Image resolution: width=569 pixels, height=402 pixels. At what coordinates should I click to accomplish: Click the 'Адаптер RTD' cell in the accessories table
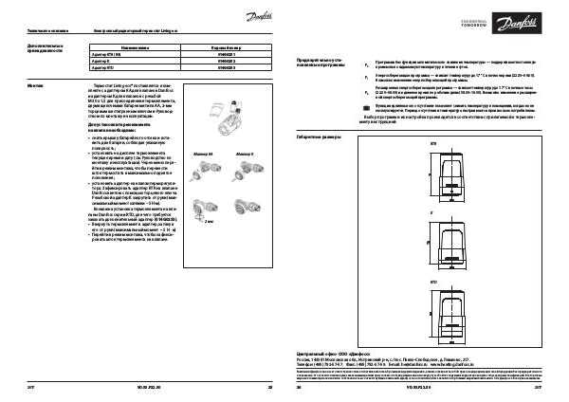[x=101, y=69]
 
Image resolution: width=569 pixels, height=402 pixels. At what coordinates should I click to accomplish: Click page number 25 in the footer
[x=270, y=388]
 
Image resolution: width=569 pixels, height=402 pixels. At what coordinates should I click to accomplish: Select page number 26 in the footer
[x=299, y=388]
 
